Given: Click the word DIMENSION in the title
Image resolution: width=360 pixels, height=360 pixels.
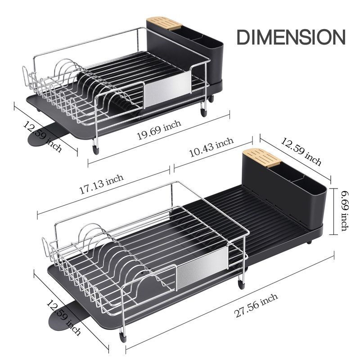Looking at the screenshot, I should click(x=291, y=37).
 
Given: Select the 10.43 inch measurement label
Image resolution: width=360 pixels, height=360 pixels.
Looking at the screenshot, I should click(x=211, y=148).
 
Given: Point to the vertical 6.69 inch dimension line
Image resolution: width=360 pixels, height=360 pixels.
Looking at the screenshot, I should click(x=333, y=211).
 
